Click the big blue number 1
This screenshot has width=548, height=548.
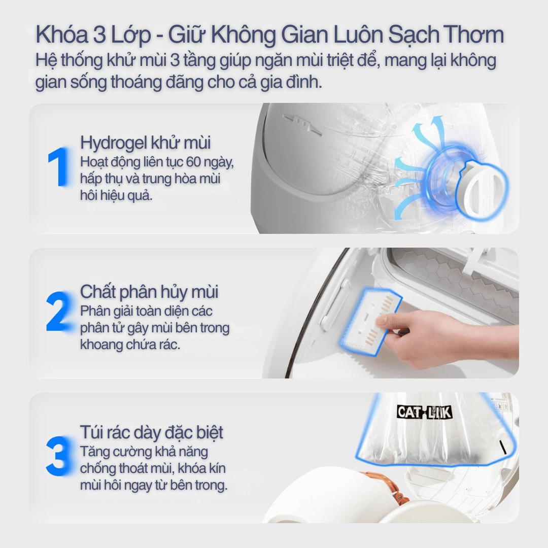click(59, 166)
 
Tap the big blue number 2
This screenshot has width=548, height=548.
click(59, 312)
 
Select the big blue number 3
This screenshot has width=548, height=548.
click(59, 456)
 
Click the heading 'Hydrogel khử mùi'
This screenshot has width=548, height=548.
click(146, 143)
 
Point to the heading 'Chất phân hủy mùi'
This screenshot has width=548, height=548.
click(149, 292)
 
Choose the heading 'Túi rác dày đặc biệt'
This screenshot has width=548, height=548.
click(151, 433)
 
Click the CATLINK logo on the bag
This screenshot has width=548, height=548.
click(425, 412)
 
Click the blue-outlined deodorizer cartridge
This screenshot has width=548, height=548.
click(370, 322)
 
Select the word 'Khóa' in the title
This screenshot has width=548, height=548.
click(62, 35)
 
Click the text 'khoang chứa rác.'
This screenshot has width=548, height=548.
click(130, 345)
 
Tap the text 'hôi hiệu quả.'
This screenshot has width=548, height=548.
click(116, 195)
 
